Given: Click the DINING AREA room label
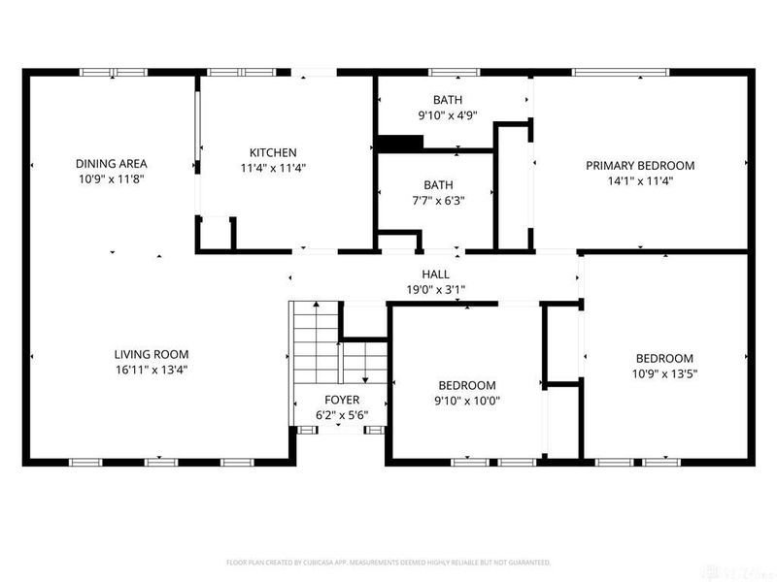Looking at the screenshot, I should tap(112, 164).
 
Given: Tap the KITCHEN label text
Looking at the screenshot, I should tap(273, 153).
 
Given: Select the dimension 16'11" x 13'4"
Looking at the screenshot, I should tap(151, 371).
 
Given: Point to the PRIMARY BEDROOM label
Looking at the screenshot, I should tap(640, 165).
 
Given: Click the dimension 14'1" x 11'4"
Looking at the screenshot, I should tap(640, 180).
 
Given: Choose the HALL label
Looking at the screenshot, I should tap(435, 275).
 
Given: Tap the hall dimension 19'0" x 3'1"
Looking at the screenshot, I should tap(435, 289).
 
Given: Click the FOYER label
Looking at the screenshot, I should tap(341, 400).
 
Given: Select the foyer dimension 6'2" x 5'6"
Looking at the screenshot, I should tap(341, 415).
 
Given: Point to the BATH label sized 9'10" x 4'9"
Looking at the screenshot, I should tap(448, 99).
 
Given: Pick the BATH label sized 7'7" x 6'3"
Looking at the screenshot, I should tap(438, 185).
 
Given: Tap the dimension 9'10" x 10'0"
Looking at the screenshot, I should tap(467, 401).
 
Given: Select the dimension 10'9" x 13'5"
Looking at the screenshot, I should tap(664, 373).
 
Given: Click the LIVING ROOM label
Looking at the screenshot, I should tap(151, 355).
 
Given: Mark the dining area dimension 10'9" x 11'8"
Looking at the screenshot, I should tap(112, 179).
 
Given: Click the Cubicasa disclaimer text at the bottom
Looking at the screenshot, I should tap(388, 562).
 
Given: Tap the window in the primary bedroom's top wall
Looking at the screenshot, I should tap(619, 71).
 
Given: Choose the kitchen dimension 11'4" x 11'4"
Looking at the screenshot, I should tap(273, 169).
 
